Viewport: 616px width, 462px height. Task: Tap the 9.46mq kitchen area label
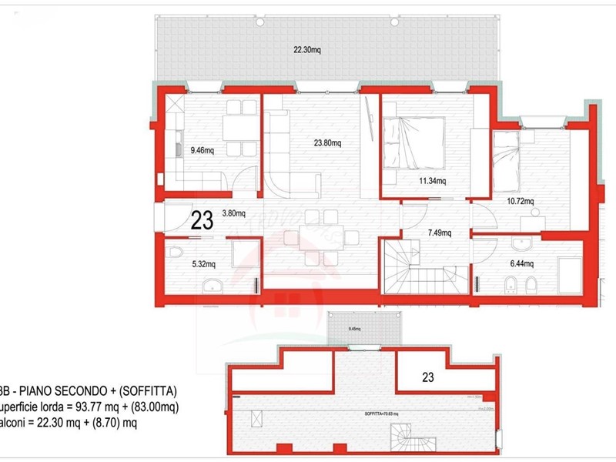(x=203, y=151)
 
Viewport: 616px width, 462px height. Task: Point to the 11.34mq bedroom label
(x=432, y=182)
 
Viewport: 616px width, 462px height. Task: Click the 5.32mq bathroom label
(x=204, y=264)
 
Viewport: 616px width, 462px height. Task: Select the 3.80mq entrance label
(x=234, y=215)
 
